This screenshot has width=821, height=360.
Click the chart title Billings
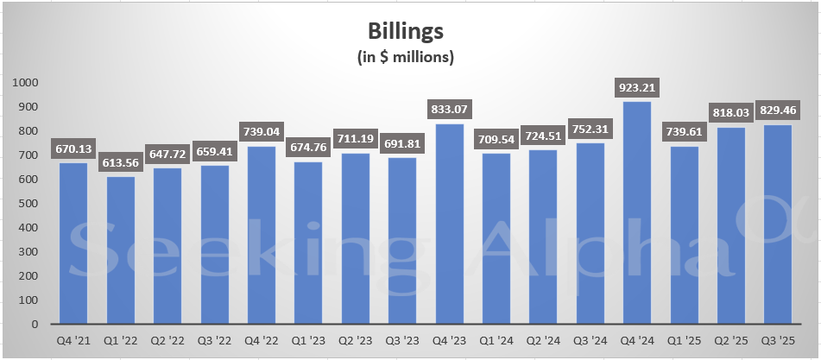tap(406, 32)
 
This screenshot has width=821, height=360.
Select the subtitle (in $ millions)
tap(406, 57)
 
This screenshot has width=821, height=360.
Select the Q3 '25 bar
tap(778, 224)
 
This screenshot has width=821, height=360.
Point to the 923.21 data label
tap(636, 87)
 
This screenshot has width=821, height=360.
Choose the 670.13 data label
tap(73, 148)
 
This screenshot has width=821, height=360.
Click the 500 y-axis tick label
tap(35, 204)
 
